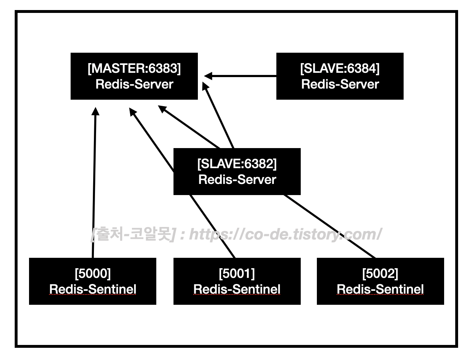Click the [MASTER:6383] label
click(134, 68)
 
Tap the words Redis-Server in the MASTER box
click(134, 84)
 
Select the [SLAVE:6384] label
click(339, 68)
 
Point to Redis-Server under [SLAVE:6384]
click(340, 84)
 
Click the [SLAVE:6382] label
click(237, 164)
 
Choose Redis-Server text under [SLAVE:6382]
click(237, 180)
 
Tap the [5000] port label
click(92, 274)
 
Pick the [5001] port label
click(237, 274)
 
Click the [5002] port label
click(380, 274)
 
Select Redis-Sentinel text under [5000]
click(92, 289)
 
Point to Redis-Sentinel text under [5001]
click(237, 289)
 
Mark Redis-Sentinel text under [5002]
click(380, 289)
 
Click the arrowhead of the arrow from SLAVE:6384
click(208, 76)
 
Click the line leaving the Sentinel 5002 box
click(330, 227)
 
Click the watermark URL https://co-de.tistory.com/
click(285, 235)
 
